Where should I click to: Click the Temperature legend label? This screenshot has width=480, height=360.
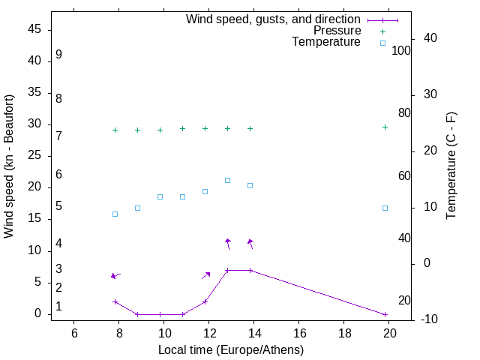click(326, 42)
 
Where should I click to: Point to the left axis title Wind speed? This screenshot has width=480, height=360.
click(9, 166)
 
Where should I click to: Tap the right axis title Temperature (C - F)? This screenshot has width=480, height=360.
click(451, 166)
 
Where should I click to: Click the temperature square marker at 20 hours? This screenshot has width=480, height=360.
click(385, 208)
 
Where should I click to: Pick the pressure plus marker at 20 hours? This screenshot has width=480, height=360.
click(385, 127)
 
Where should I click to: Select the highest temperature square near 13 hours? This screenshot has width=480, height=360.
click(227, 180)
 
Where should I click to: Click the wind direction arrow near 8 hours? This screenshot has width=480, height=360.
click(115, 276)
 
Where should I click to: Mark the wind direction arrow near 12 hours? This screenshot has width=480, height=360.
click(206, 275)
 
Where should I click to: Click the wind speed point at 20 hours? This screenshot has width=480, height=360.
click(385, 314)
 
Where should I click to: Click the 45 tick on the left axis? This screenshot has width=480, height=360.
click(36, 29)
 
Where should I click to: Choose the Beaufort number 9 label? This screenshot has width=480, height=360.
click(58, 55)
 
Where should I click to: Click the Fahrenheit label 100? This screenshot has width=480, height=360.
click(401, 50)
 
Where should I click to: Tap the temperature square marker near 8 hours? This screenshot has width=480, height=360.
click(115, 214)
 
